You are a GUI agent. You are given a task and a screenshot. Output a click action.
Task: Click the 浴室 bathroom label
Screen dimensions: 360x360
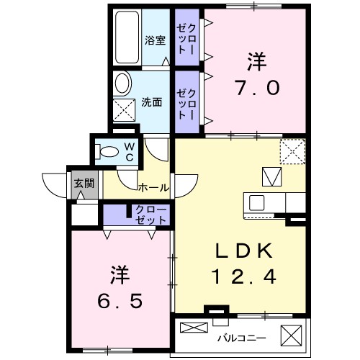tap(156, 40)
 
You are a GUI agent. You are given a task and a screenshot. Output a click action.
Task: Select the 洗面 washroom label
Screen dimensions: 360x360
tap(151, 102)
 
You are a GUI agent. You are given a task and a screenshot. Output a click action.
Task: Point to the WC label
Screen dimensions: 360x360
tap(130, 151)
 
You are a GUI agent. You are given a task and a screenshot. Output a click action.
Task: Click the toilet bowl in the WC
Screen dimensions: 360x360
tap(110, 151)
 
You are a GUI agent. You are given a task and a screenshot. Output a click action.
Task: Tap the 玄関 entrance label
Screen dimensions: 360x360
tap(84, 183)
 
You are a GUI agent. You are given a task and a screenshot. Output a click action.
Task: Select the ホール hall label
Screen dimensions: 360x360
tap(153, 187)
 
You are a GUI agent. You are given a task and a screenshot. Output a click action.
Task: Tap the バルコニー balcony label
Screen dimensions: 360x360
tap(241, 337)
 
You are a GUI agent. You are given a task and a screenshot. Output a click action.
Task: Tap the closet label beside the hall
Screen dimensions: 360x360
tap(150, 214)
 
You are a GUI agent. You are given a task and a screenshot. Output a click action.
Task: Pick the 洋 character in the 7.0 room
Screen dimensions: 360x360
tap(255, 62)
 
